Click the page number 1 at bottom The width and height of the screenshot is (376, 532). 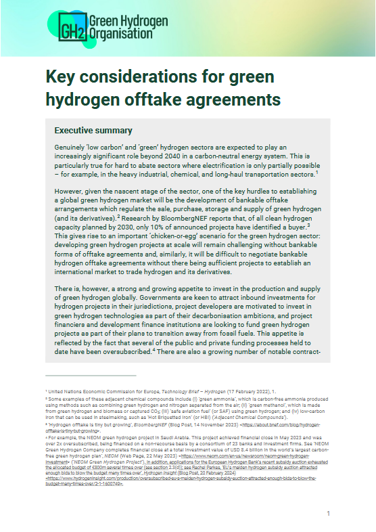tap(328, 514)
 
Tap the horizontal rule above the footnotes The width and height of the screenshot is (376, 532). tap(91, 376)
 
